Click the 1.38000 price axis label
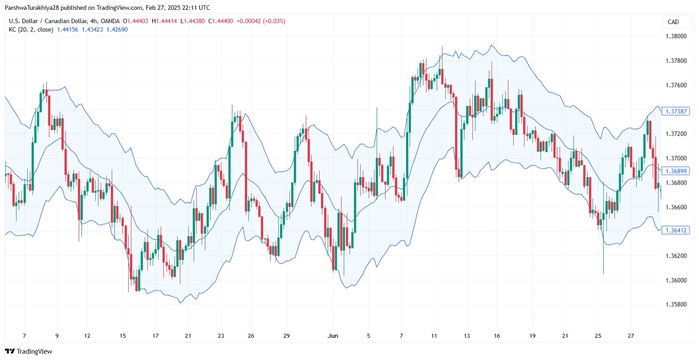coord(676,36)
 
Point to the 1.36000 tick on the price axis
coord(676,280)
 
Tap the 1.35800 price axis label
coord(676,304)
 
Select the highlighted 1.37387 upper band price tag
coord(675,111)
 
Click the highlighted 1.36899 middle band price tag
coord(675,171)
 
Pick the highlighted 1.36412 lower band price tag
coord(675,231)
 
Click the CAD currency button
coord(673,22)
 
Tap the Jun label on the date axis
coord(333,336)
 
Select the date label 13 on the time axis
coord(467,336)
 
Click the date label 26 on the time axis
coord(251,336)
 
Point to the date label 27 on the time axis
coord(631,336)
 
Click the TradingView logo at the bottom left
coord(28,351)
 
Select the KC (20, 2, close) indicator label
coord(31,30)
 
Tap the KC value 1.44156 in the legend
coord(67,30)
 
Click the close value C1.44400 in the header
coord(221,21)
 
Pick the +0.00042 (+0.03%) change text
coord(261,21)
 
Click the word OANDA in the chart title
coord(110,21)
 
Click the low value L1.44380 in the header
coord(192,21)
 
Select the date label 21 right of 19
coord(565,336)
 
